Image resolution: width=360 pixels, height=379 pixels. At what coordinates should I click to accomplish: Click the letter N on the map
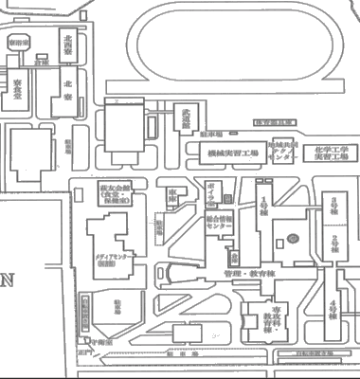pos(9,280)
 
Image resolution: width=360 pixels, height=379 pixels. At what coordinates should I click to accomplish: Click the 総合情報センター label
pos(220,224)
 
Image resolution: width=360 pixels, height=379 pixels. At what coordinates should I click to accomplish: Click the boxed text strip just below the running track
pos(275,122)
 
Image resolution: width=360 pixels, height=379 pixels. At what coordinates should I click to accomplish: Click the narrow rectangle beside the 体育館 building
pos(84,310)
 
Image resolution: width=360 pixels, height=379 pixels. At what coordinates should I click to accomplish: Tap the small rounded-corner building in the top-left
pos(18,43)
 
